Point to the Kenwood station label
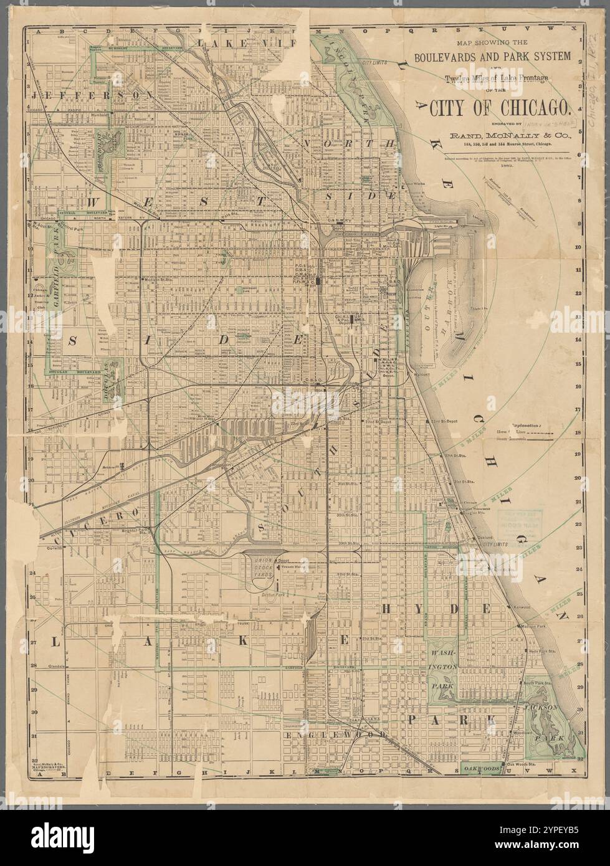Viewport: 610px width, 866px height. coord(521,607)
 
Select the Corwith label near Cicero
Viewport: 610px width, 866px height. coord(56,549)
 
